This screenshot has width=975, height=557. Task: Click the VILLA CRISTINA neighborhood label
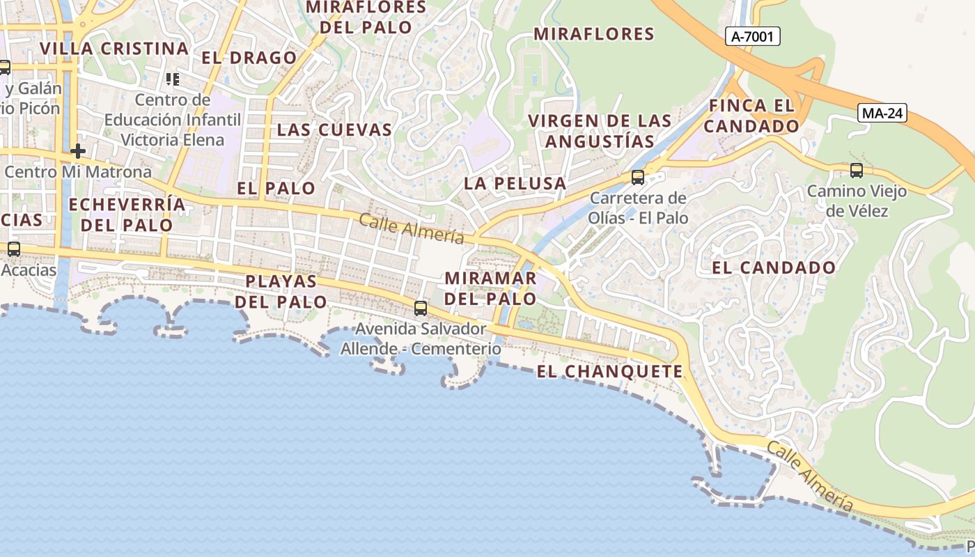click(114, 49)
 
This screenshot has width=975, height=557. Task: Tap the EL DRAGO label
click(249, 58)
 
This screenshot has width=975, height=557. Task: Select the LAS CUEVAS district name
click(334, 130)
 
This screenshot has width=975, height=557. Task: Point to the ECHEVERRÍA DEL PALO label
click(127, 214)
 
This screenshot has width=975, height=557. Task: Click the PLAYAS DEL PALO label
click(281, 292)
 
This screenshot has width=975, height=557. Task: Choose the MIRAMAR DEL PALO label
click(490, 288)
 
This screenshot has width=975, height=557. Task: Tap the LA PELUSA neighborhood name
click(515, 184)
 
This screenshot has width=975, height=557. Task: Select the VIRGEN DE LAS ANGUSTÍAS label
click(600, 131)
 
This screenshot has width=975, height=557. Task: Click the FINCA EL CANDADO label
click(751, 116)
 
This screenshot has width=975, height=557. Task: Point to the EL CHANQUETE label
click(610, 372)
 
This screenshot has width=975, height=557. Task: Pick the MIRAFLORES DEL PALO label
click(366, 17)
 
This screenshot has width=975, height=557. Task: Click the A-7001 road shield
click(752, 36)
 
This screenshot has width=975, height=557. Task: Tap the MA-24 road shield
click(882, 113)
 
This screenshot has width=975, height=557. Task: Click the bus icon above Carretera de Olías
click(637, 177)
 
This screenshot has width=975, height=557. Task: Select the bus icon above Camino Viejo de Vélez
click(856, 170)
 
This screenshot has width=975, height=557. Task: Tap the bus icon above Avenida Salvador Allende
click(420, 308)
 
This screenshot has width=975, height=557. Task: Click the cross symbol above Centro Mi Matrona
click(77, 150)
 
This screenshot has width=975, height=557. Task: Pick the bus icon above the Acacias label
click(13, 249)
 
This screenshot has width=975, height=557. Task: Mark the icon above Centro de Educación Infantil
click(172, 79)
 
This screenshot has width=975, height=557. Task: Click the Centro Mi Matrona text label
click(77, 171)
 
